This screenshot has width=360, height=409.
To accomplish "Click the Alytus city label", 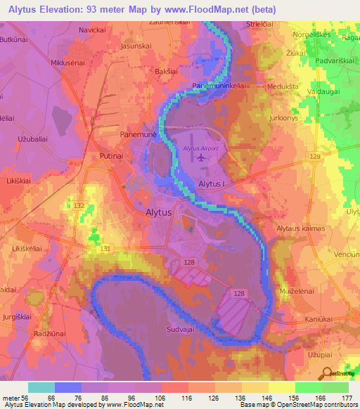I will click(158, 212).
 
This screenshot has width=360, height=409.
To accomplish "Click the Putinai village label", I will click(107, 160).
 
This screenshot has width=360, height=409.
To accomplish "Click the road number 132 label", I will click(79, 204).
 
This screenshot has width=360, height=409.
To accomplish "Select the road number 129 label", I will click(314, 155).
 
